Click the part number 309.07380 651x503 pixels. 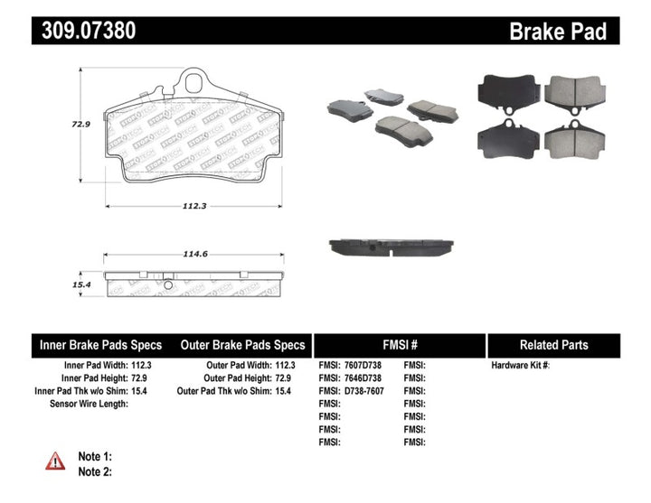click(89, 32)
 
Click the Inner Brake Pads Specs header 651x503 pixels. click(100, 345)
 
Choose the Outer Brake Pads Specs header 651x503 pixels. click(242, 345)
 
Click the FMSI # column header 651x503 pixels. click(399, 345)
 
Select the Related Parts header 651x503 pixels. click(553, 345)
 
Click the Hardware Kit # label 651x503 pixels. click(520, 366)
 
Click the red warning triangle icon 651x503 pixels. click(56, 461)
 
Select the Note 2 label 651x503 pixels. click(94, 471)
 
